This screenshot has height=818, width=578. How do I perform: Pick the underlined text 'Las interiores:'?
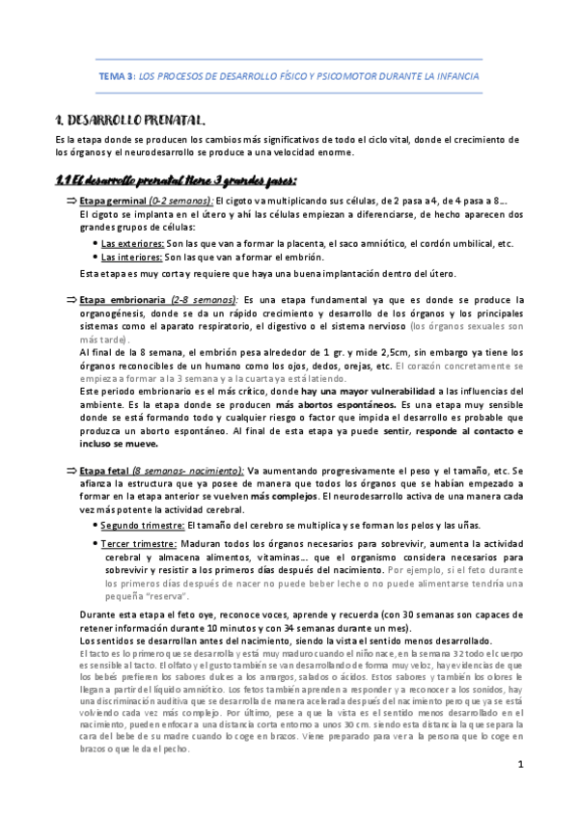point(131,257)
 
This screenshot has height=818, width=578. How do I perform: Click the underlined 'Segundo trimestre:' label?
point(143,524)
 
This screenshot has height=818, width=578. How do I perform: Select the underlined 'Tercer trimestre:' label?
point(139,544)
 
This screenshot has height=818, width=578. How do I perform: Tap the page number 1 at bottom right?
point(519,766)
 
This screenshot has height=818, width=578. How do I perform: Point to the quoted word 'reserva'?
point(140,596)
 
